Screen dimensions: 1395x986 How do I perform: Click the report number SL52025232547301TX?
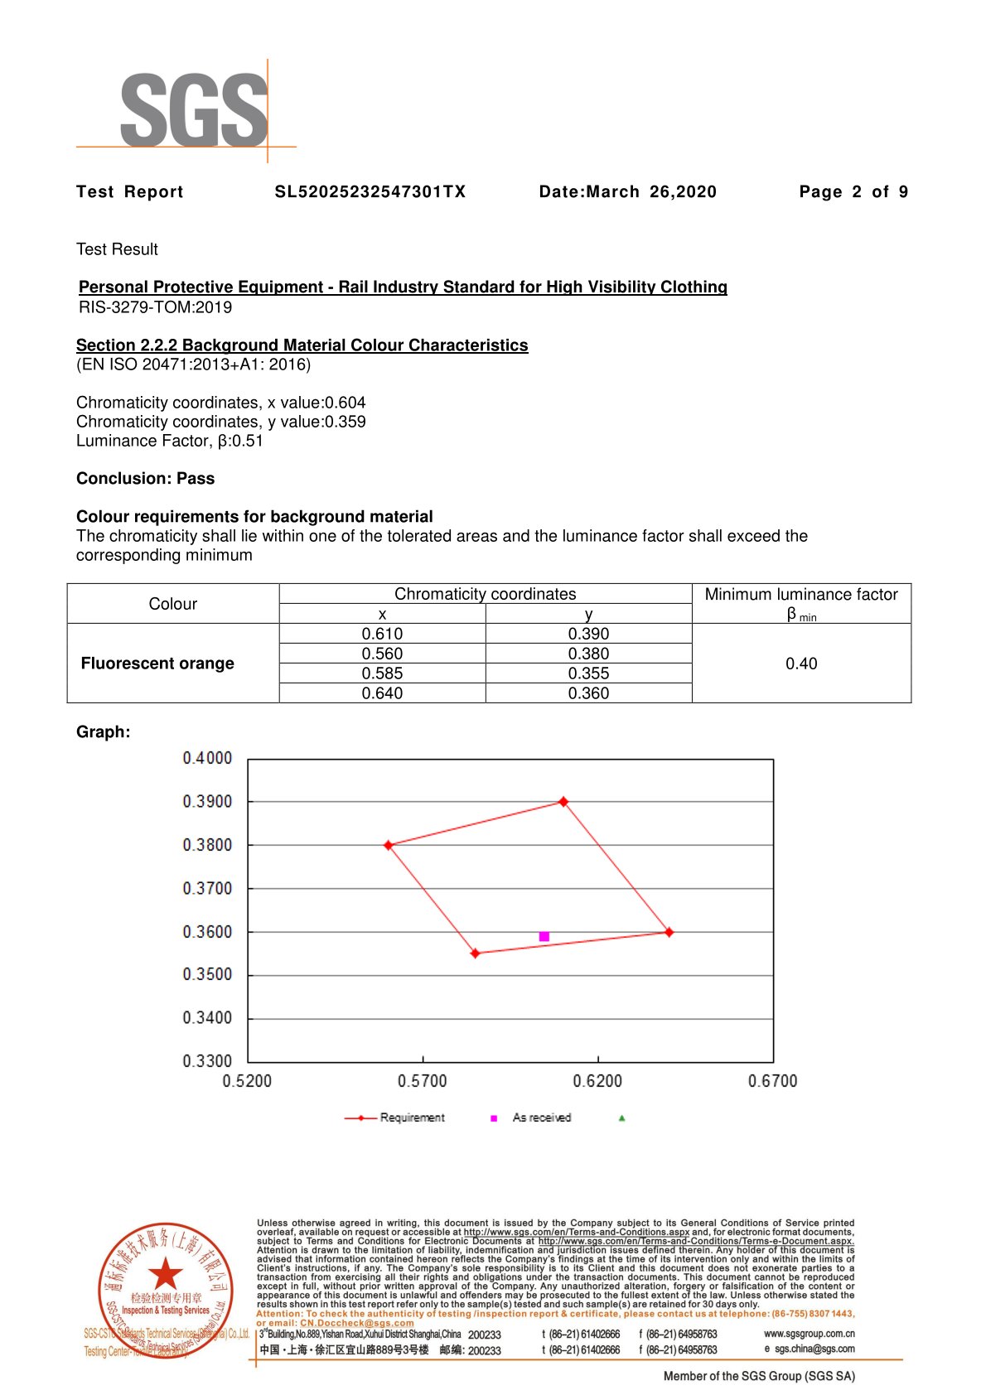(x=370, y=192)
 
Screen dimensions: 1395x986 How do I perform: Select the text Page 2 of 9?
(x=853, y=192)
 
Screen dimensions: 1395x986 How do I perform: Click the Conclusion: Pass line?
(x=145, y=479)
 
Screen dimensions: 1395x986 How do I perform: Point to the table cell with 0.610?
(x=382, y=634)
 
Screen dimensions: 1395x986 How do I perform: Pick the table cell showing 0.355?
(x=588, y=673)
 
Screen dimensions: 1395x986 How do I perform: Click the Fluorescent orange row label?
(x=157, y=664)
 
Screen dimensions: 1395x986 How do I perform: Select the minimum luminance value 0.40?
(x=801, y=664)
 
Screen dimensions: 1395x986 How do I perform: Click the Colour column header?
(x=173, y=604)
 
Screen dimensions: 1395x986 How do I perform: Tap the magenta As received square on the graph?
(x=544, y=937)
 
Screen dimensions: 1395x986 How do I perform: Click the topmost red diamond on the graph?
(x=563, y=802)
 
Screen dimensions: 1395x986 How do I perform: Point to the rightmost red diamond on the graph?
(x=669, y=933)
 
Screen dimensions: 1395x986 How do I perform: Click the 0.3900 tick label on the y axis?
(x=207, y=802)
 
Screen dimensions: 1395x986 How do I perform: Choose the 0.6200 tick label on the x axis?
(x=597, y=1081)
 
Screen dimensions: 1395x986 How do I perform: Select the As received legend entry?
(x=541, y=1118)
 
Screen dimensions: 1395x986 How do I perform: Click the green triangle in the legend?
(x=621, y=1118)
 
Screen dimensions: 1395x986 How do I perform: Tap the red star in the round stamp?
(x=166, y=1272)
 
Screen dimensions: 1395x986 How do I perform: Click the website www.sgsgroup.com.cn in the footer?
(x=809, y=1334)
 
